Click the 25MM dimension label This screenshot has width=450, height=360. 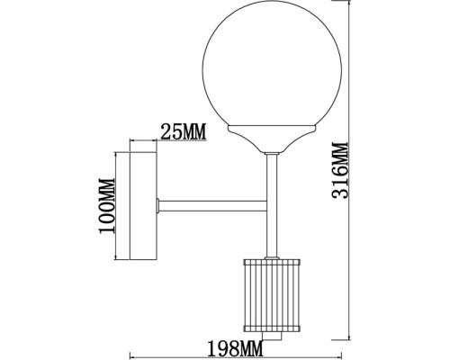pos(184,131)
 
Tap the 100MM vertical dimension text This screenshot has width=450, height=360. pos(107,206)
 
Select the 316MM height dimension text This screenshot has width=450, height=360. pos(340,170)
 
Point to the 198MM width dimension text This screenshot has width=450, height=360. pos(235,348)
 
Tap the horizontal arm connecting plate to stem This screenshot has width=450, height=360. pos(212,206)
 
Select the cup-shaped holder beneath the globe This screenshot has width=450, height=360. pos(272,139)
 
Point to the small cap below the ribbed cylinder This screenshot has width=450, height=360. pos(272,336)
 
